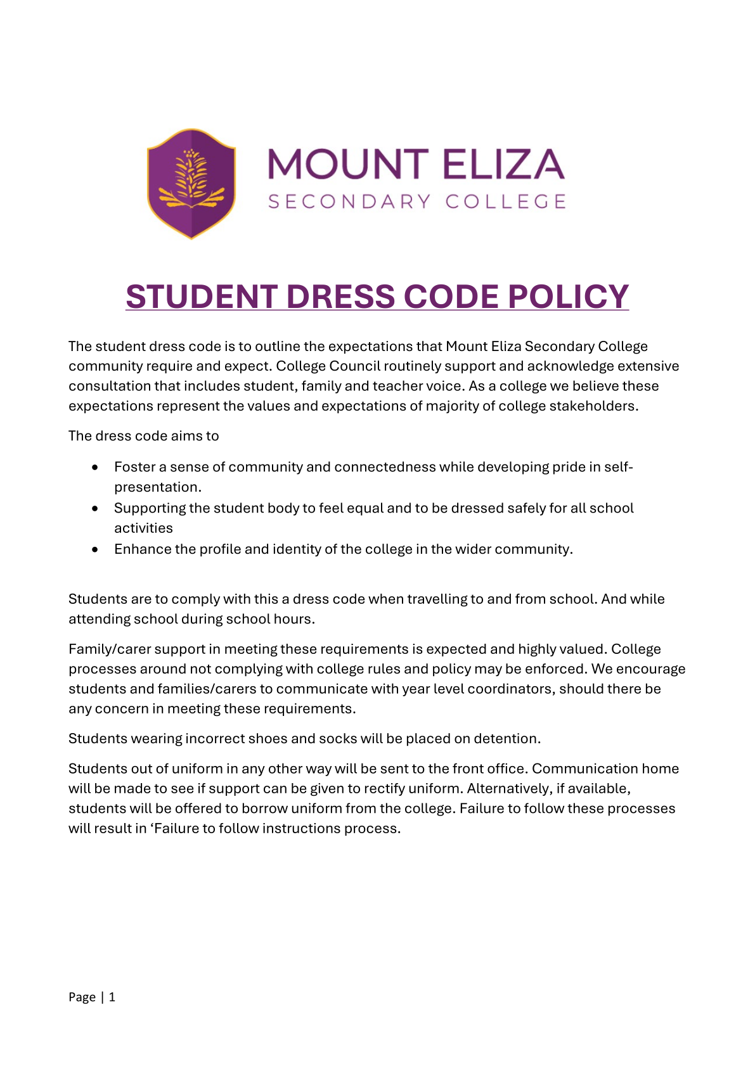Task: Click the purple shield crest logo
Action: pyautogui.click(x=191, y=184)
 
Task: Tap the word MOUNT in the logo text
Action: pyautogui.click(x=348, y=164)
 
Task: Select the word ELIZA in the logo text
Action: pyautogui.click(x=503, y=164)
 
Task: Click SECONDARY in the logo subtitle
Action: pyautogui.click(x=349, y=201)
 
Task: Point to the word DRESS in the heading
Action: pyautogui.click(x=342, y=297)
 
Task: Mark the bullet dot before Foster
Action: pyautogui.click(x=95, y=467)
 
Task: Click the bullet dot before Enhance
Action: pyautogui.click(x=95, y=549)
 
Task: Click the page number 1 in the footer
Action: pyautogui.click(x=112, y=997)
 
